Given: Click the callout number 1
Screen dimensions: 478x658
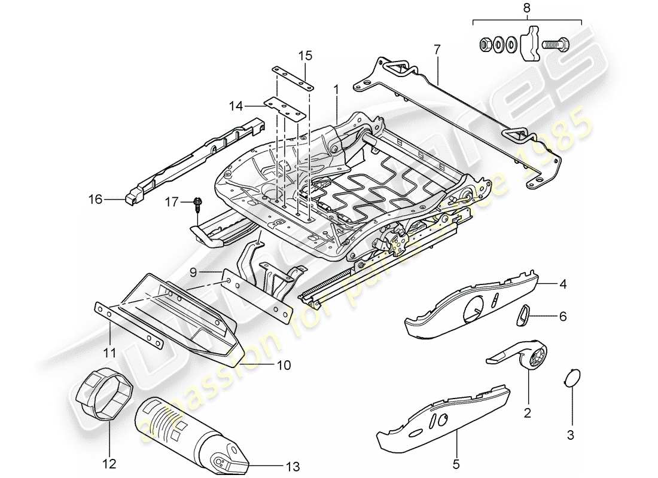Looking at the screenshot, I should coord(336,89).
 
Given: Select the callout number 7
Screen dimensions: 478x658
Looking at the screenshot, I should coord(437,50).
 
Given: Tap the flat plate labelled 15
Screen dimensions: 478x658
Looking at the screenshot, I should coord(293,77).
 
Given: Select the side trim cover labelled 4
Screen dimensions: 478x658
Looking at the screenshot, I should coord(473,305).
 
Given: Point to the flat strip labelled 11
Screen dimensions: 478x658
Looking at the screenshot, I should coord(129,326).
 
